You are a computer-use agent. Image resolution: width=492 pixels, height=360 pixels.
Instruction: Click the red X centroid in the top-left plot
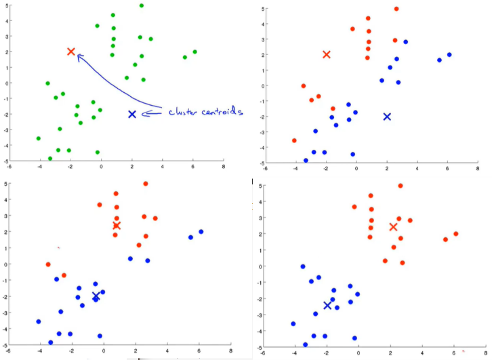(x=71, y=52)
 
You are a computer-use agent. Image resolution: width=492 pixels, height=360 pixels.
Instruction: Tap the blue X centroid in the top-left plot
(x=132, y=114)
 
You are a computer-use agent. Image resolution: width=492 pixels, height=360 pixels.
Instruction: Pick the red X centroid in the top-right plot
(x=327, y=54)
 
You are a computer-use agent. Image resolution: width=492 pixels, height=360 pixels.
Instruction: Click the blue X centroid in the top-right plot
(x=387, y=117)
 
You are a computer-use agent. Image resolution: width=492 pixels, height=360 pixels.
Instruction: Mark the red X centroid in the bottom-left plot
(x=116, y=225)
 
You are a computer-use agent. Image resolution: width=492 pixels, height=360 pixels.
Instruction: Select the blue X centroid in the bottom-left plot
(x=96, y=296)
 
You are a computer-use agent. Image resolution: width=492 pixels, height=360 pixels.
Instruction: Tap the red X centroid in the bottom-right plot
(x=394, y=226)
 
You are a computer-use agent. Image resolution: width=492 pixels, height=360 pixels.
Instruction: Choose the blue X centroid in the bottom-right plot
(x=327, y=305)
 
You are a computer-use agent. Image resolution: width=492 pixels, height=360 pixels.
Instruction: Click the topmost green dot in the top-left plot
(x=141, y=6)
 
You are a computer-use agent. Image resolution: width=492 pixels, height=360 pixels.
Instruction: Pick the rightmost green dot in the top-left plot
(x=194, y=52)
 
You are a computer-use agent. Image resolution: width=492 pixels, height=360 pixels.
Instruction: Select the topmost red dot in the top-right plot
(x=396, y=9)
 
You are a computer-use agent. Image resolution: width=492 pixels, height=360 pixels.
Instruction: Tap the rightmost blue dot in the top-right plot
(x=449, y=55)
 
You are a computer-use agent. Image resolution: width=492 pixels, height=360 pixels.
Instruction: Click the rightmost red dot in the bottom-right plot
(x=456, y=234)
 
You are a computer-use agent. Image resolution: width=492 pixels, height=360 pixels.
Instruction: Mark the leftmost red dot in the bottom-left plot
(x=48, y=264)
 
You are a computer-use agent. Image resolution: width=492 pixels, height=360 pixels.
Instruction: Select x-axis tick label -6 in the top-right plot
(x=266, y=169)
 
